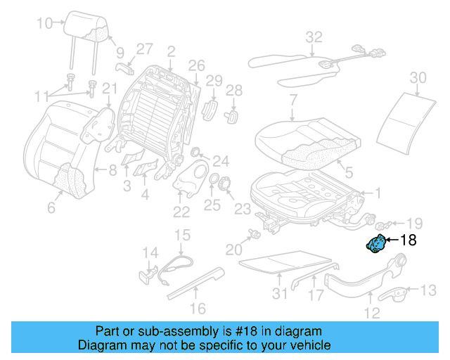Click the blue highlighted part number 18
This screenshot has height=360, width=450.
click(377, 244)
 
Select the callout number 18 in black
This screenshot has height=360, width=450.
click(408, 240)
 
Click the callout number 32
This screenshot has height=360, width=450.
click(314, 37)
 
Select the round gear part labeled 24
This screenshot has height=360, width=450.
click(196, 154)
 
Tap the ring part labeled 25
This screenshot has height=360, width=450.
click(212, 182)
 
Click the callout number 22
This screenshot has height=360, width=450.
click(181, 212)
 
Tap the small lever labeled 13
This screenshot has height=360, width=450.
click(399, 292)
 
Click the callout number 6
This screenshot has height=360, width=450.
click(51, 207)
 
